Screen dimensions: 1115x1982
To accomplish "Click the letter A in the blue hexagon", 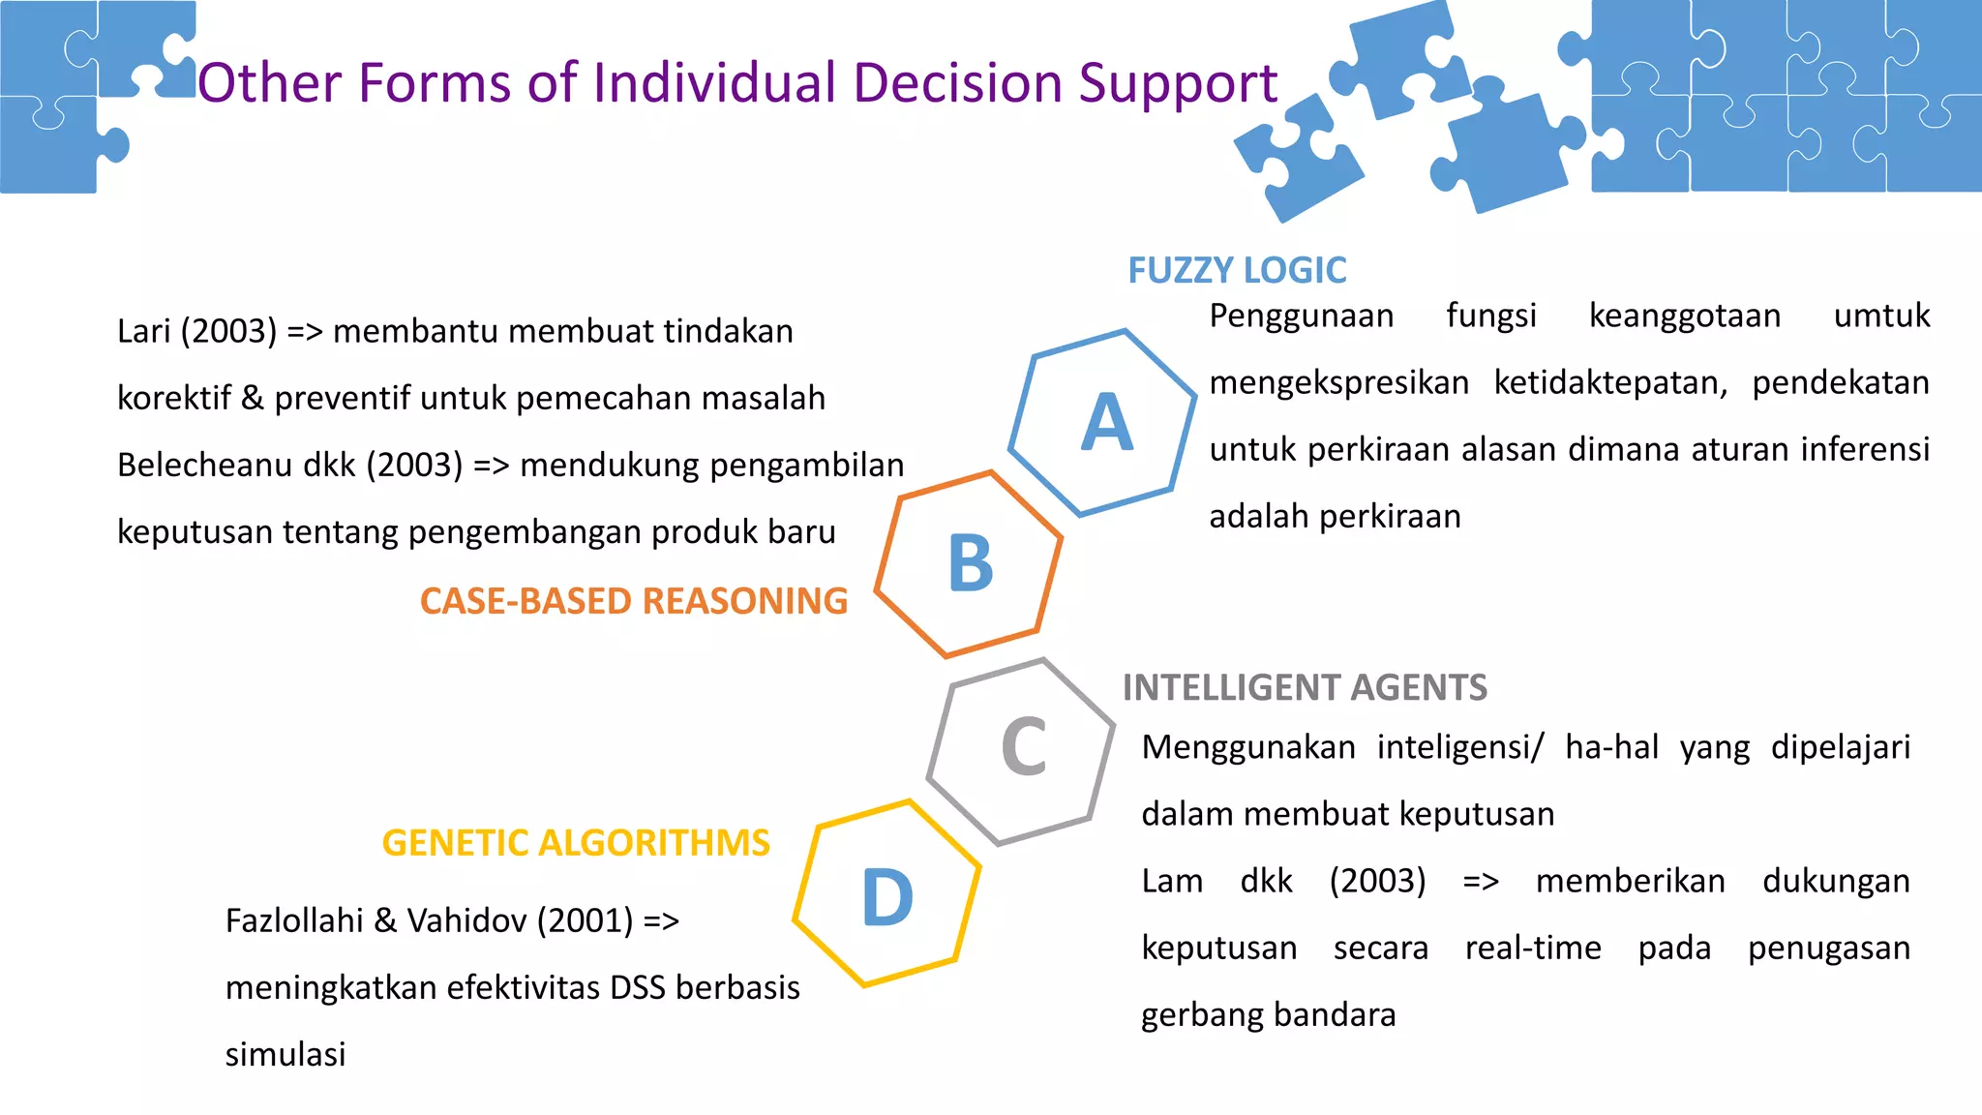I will [1107, 423].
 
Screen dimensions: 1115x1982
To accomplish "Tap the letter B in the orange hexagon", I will [971, 563].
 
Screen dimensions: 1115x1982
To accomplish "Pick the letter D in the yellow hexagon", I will [887, 897].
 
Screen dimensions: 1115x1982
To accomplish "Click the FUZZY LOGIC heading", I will [1237, 270].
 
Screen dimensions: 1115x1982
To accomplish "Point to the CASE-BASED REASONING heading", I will [634, 601].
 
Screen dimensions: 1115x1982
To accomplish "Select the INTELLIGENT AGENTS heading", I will [1305, 687].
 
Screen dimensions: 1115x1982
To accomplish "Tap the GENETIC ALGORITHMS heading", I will [576, 843].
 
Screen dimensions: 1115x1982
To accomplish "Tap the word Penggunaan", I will [1302, 316].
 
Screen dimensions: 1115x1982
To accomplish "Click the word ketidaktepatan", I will [1610, 383].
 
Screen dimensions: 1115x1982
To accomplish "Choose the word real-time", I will [1533, 948].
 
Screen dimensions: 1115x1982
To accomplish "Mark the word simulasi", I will [285, 1054].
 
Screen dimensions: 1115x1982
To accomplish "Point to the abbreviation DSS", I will [638, 987].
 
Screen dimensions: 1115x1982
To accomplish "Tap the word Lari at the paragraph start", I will [144, 331].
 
